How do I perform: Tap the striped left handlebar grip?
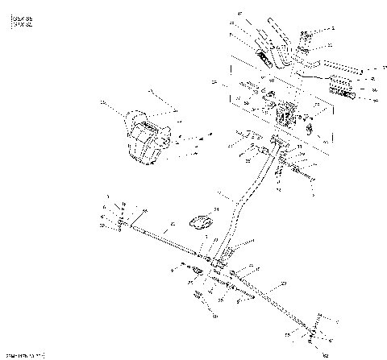[x=266, y=58]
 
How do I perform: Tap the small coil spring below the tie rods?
[x=198, y=296]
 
